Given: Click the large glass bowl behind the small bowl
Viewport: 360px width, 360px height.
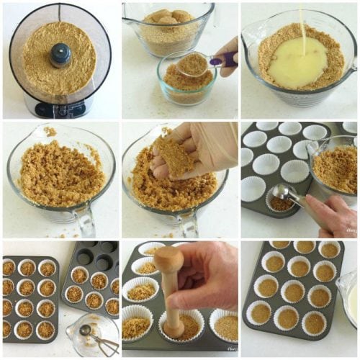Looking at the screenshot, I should click(x=167, y=25).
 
